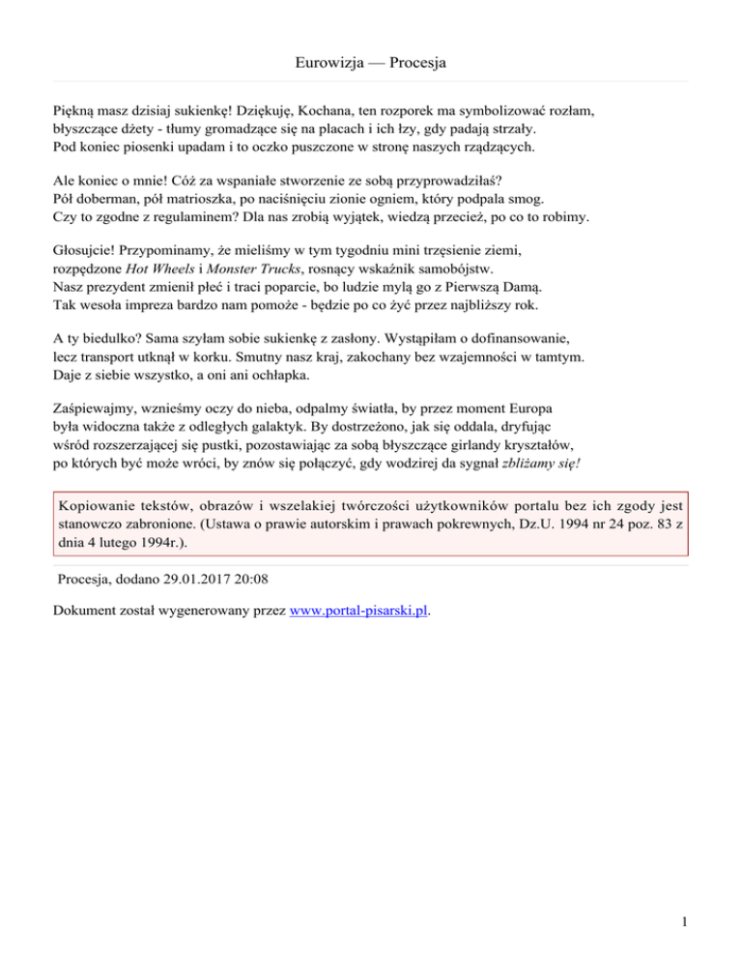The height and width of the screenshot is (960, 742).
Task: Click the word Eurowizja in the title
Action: click(x=327, y=65)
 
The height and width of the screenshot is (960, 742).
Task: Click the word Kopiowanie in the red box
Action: click(x=101, y=505)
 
